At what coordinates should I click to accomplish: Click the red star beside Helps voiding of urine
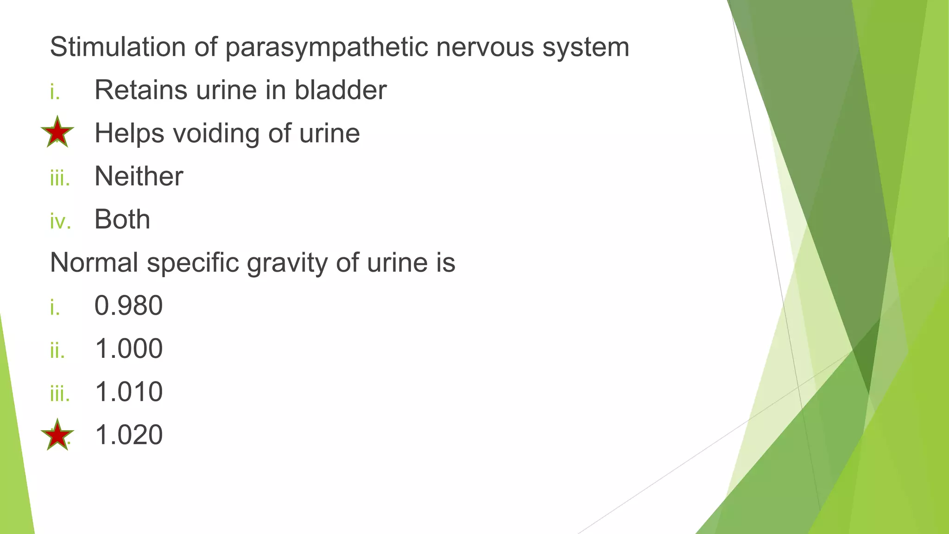(x=57, y=132)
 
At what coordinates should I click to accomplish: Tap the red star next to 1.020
(x=57, y=435)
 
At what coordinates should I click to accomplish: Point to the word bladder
(x=341, y=90)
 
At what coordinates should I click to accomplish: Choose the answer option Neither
(x=139, y=177)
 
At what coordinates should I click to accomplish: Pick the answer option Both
(x=122, y=219)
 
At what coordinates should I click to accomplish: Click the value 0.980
(x=129, y=305)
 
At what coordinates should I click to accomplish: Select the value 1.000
(x=129, y=349)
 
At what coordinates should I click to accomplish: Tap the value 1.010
(x=129, y=392)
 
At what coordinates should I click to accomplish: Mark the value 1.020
(x=129, y=435)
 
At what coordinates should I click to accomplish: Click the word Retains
(x=141, y=90)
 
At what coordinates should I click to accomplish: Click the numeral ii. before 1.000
(x=57, y=350)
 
